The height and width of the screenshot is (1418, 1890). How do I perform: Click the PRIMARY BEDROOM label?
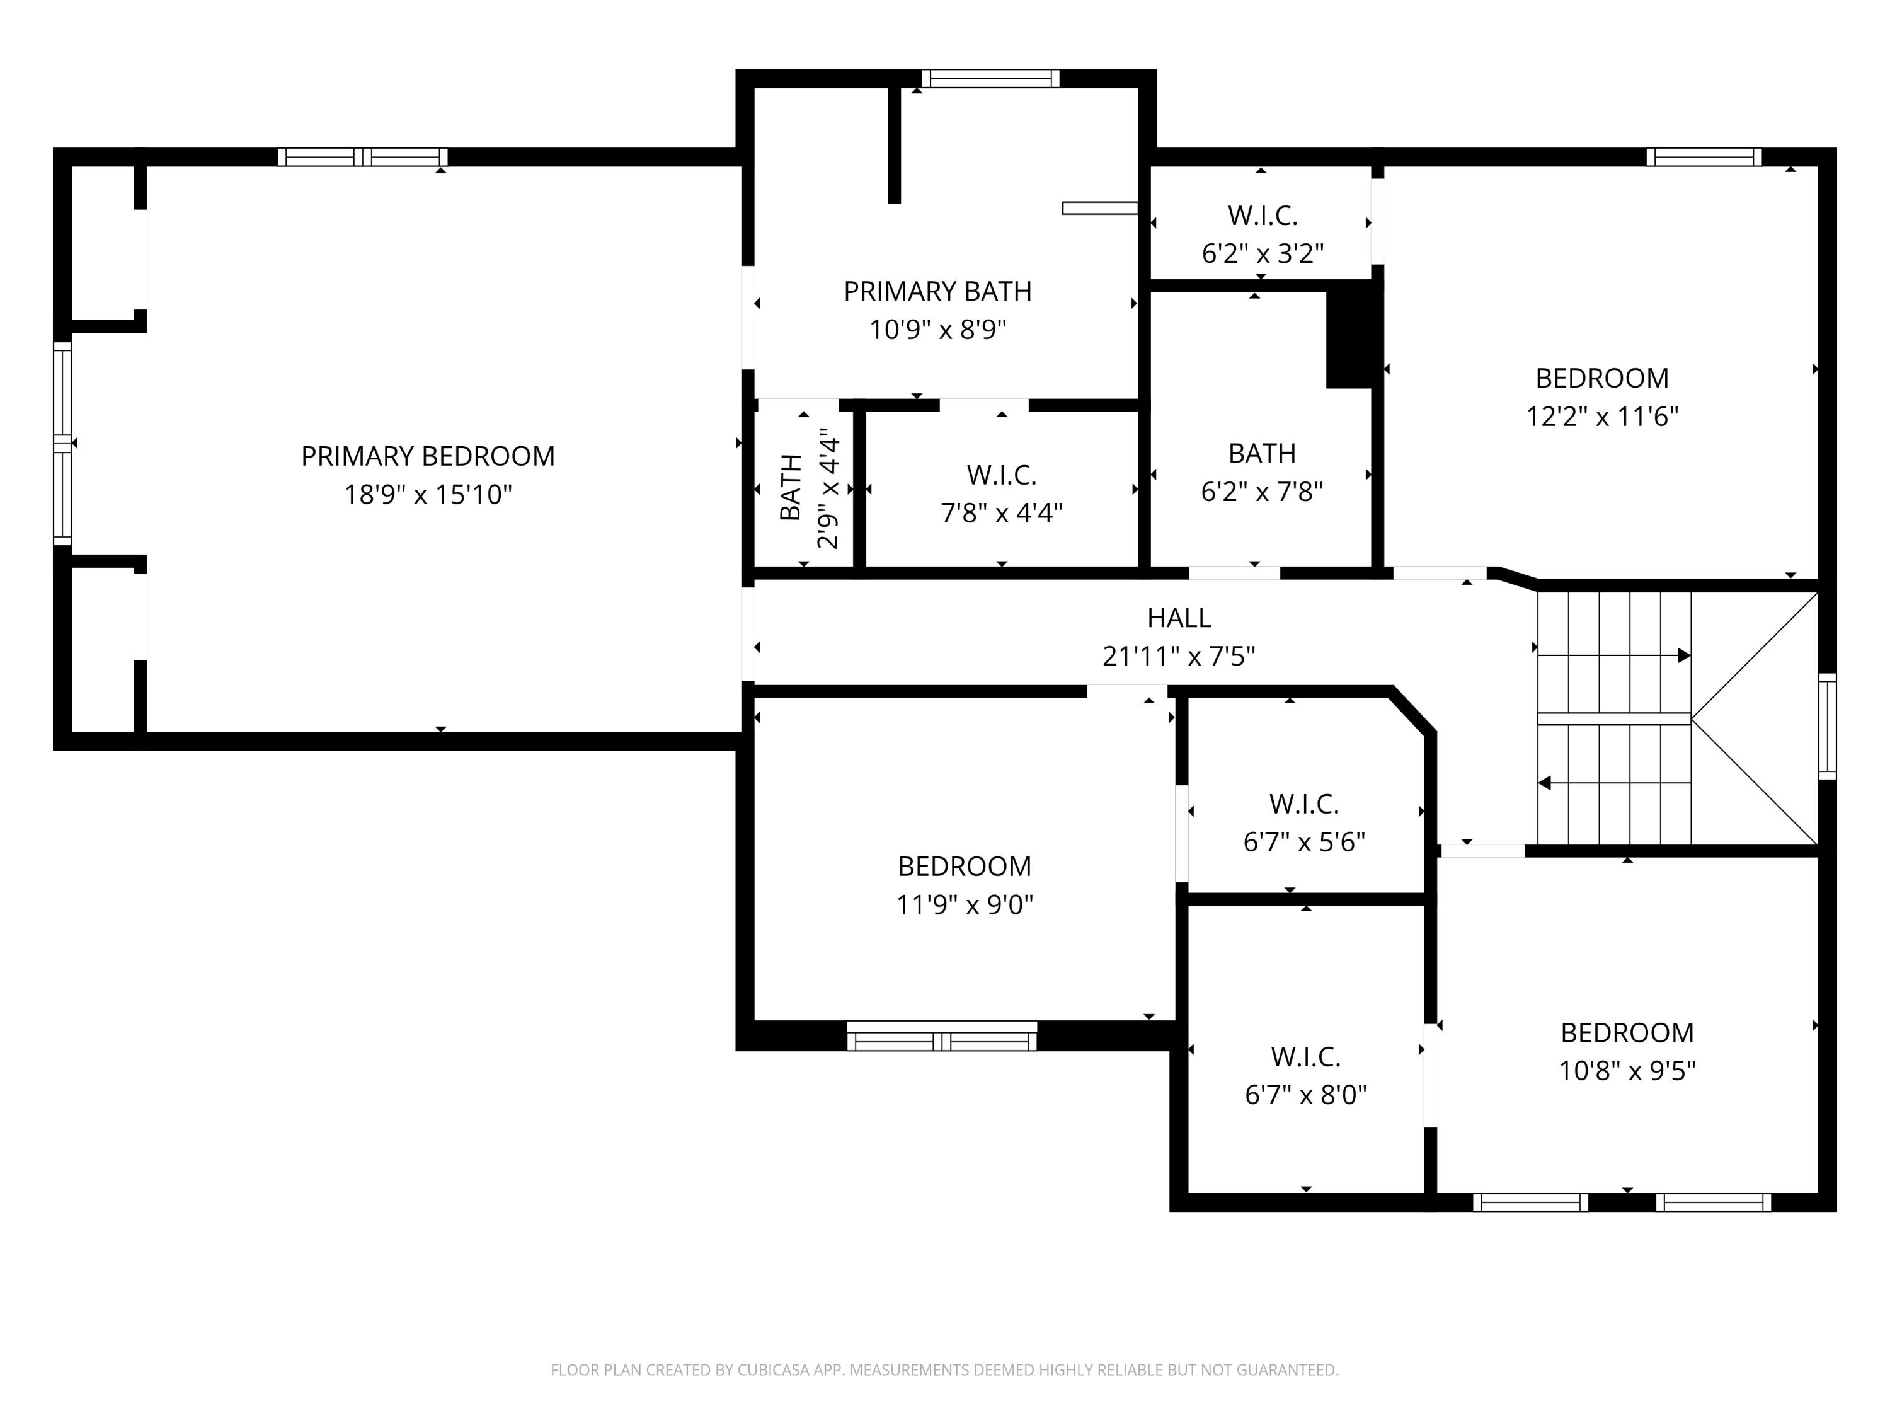click(x=427, y=456)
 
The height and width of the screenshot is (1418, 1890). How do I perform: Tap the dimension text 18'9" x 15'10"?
click(x=427, y=495)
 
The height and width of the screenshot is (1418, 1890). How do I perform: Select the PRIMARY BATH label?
click(x=937, y=291)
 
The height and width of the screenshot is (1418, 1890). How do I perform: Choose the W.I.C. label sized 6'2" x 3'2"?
click(x=1262, y=216)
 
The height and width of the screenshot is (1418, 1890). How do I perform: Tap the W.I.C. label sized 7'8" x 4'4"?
click(x=1002, y=475)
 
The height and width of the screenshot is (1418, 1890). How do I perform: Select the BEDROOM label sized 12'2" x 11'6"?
click(x=1601, y=378)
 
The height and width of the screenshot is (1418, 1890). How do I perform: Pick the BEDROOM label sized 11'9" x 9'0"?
click(x=964, y=867)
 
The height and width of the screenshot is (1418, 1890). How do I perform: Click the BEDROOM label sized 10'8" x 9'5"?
click(x=1626, y=1032)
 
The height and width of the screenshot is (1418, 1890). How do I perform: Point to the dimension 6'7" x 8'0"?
click(x=1305, y=1095)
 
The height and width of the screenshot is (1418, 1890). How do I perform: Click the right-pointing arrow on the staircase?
click(x=1683, y=655)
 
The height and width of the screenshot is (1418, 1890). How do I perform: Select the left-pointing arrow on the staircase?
click(x=1545, y=782)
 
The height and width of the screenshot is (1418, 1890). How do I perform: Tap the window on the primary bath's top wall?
click(x=990, y=79)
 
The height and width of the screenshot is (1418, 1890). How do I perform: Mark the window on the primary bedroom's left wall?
click(x=62, y=443)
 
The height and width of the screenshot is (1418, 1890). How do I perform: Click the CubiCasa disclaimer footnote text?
click(x=944, y=1370)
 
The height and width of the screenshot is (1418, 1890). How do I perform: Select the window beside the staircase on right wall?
click(x=1827, y=727)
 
